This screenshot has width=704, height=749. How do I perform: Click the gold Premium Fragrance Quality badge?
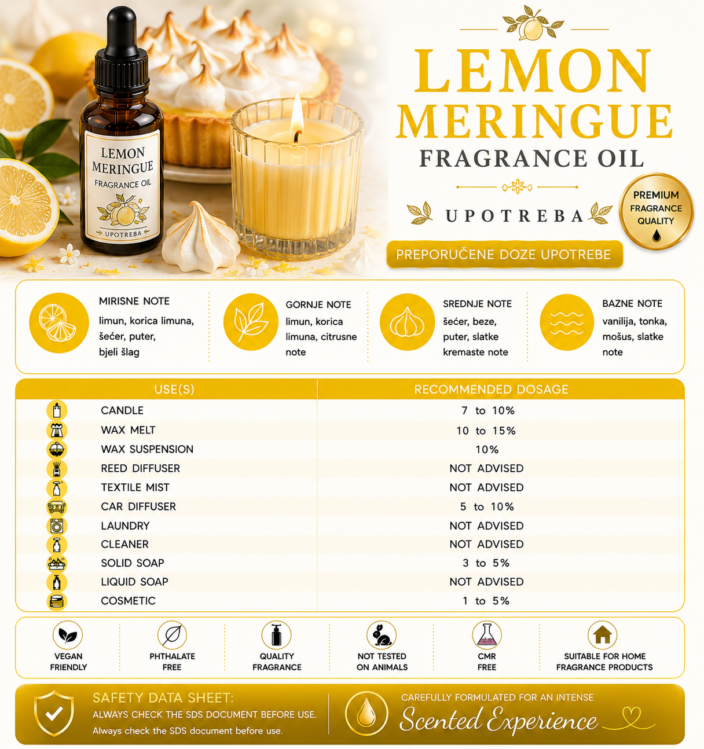pos(656,211)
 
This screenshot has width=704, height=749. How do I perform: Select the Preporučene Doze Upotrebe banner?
pos(504,254)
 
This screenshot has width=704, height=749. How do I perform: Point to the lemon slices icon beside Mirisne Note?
pos(59,323)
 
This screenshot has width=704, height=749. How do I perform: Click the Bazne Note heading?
pos(632,303)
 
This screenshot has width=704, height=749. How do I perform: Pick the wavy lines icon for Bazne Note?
pos(567,322)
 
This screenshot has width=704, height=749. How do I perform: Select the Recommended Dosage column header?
pos(491,389)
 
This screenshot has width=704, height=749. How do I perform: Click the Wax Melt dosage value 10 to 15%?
pos(486,430)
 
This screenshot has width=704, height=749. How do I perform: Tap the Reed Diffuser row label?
pos(140,468)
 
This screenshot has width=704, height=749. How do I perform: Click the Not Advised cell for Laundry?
pos(486,526)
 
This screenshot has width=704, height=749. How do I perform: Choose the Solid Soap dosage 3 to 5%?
pos(486,563)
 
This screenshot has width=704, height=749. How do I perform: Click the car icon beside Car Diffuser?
pos(57,507)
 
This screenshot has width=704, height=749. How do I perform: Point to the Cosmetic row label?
pos(128,600)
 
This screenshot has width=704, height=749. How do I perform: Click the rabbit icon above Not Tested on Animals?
pos(382,636)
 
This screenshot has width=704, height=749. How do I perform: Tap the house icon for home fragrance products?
pos(603,636)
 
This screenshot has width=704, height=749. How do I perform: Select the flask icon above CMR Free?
pos(487,636)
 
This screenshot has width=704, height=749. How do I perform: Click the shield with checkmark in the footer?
pos(54,713)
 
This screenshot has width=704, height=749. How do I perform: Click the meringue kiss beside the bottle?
pos(201,237)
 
